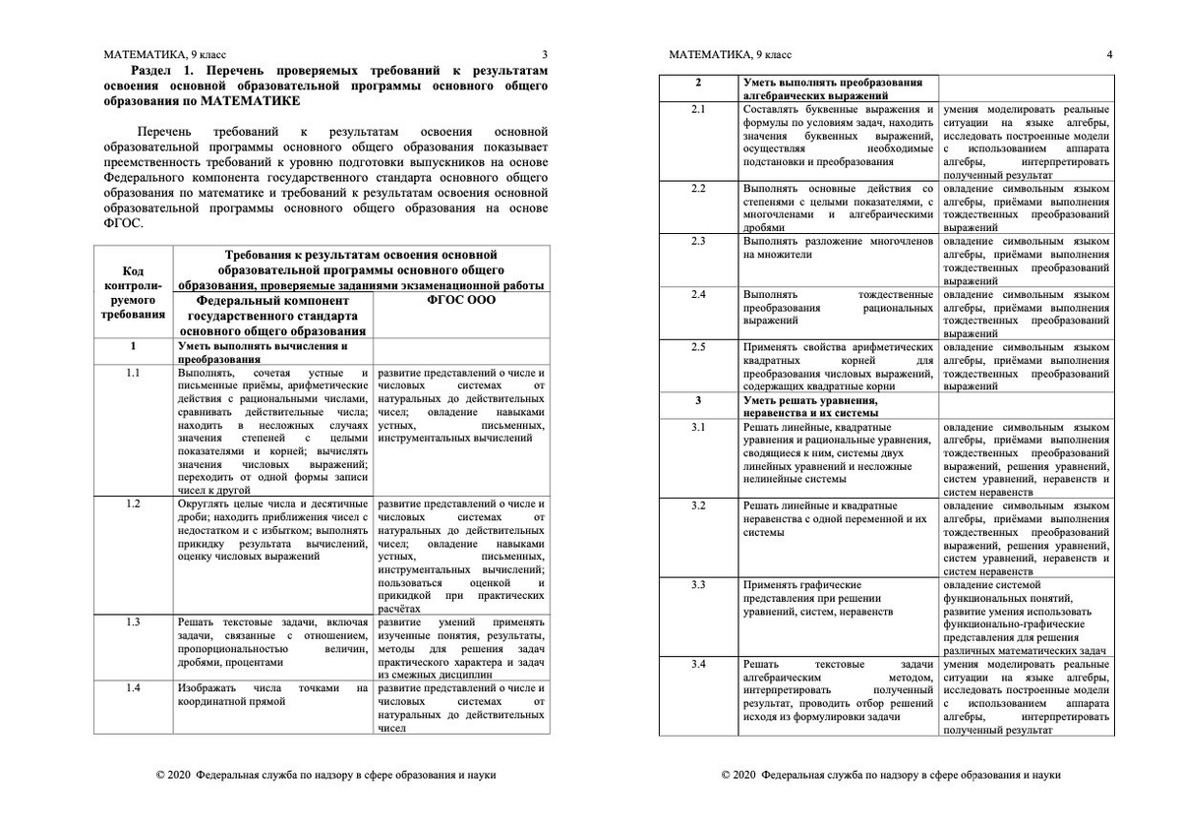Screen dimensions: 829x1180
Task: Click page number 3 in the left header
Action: (545, 55)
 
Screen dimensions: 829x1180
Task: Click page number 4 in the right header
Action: (1109, 55)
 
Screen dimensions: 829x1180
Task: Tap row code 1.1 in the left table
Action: (133, 373)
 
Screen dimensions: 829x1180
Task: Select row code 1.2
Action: (133, 503)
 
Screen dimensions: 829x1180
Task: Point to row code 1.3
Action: (133, 622)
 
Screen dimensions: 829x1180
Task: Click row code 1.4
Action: (133, 687)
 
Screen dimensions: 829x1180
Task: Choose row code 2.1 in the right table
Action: (698, 109)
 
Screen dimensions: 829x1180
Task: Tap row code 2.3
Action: (698, 240)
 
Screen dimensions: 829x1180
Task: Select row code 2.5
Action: (698, 347)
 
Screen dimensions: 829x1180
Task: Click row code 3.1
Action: (698, 427)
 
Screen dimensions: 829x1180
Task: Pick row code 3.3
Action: (698, 584)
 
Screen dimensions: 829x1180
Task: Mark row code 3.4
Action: (698, 665)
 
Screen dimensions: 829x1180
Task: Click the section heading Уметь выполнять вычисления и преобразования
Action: (263, 353)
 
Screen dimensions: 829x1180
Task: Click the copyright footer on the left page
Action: (326, 774)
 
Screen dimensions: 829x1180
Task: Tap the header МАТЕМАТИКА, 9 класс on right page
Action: (730, 55)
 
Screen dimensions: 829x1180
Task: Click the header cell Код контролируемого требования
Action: (133, 293)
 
